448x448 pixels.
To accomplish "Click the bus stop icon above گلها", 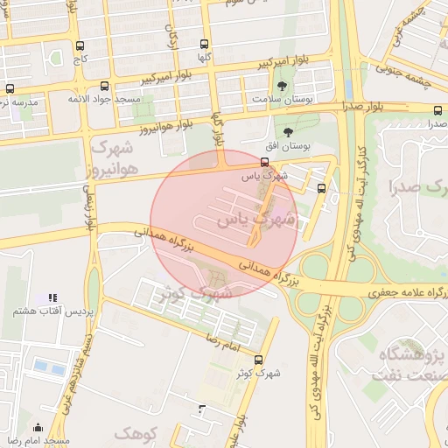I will [x=205, y=44].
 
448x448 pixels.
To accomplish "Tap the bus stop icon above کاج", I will [x=80, y=46].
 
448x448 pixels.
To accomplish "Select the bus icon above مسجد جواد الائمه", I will [x=105, y=87].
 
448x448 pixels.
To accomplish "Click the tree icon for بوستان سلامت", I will [x=282, y=86].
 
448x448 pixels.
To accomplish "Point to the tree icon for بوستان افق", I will [x=288, y=130].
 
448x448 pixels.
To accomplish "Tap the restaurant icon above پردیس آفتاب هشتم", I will [x=52, y=298].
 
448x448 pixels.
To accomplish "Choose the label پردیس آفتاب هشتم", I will [x=49, y=311].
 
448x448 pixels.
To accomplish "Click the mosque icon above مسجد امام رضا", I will [x=38, y=428].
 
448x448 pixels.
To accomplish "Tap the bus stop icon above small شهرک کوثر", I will [x=257, y=360].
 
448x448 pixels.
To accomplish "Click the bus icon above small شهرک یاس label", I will [x=265, y=163].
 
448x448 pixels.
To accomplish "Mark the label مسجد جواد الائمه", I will [x=105, y=100].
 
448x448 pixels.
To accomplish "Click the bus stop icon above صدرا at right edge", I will [x=437, y=110].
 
